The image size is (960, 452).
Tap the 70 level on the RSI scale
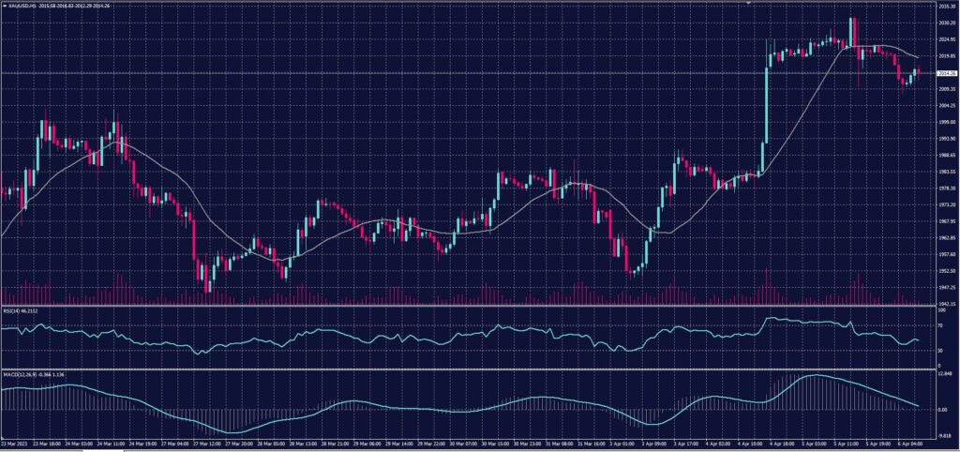click(940, 327)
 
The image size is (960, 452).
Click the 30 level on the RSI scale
click(940, 350)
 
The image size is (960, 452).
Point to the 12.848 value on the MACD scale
click(944, 373)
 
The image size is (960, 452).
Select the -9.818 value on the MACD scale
click(944, 437)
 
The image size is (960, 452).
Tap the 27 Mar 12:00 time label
click(208, 444)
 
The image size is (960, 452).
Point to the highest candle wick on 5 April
click(852, 18)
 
